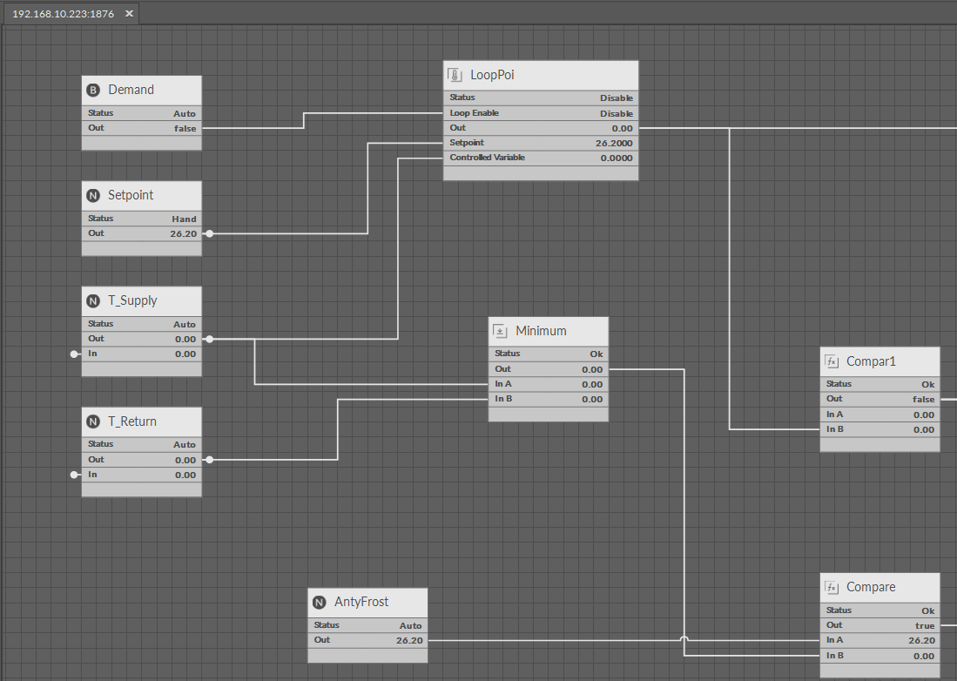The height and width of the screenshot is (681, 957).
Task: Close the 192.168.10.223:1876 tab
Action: pyautogui.click(x=129, y=13)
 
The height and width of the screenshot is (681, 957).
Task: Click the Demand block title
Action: pyautogui.click(x=131, y=90)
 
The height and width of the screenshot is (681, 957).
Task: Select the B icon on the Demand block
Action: pyautogui.click(x=93, y=91)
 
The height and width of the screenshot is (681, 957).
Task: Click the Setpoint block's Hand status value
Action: pyautogui.click(x=184, y=219)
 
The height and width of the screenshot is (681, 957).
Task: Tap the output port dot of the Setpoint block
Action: pyautogui.click(x=209, y=233)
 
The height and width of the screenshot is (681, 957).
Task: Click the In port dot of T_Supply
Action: pyautogui.click(x=75, y=354)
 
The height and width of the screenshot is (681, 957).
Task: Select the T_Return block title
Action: pyautogui.click(x=131, y=421)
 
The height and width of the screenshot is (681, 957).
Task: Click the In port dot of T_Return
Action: pyautogui.click(x=75, y=475)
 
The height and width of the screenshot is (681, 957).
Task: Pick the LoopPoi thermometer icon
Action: pyautogui.click(x=455, y=75)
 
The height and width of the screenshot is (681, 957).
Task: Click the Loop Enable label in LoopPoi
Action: pyautogui.click(x=475, y=113)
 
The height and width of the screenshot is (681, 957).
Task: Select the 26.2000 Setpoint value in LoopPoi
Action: pyautogui.click(x=614, y=144)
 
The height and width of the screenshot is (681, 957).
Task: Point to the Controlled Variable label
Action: pyautogui.click(x=487, y=158)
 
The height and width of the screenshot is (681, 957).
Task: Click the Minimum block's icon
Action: pyautogui.click(x=500, y=331)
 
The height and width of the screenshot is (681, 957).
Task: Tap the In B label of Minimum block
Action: pyautogui.click(x=503, y=399)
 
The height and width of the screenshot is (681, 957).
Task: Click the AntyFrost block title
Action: pyautogui.click(x=361, y=603)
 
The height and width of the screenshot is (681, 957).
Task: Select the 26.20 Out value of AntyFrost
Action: pyautogui.click(x=409, y=641)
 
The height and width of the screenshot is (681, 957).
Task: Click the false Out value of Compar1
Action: pyautogui.click(x=923, y=399)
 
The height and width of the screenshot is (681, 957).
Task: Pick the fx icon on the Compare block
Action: pyautogui.click(x=832, y=587)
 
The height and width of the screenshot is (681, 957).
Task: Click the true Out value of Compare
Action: pyautogui.click(x=925, y=625)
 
